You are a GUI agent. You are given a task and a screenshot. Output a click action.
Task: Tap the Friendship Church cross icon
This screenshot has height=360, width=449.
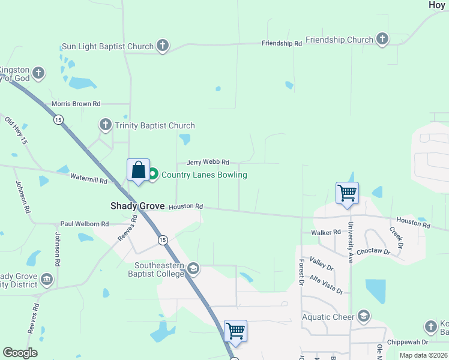[x=382, y=40]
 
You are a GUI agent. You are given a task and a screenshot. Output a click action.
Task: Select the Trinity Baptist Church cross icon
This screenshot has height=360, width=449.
[x=106, y=125]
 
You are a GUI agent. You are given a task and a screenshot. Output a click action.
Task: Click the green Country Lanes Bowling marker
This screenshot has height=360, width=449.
[x=153, y=175]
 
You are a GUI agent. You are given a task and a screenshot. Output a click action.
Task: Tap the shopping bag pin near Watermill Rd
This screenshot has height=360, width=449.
[x=138, y=170]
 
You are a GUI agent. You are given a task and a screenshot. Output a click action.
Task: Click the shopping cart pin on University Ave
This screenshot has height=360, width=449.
[x=347, y=194]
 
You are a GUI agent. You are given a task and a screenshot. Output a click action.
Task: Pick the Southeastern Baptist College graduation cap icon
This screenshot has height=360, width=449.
[x=193, y=268]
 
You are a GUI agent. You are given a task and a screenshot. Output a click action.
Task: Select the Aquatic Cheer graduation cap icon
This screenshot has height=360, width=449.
[x=363, y=316]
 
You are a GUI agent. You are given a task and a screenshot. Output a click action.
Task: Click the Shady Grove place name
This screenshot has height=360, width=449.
[x=137, y=206]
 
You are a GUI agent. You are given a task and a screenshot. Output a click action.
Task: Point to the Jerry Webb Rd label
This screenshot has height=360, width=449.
[x=208, y=162]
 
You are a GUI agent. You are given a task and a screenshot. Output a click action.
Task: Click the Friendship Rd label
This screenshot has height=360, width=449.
[x=282, y=43]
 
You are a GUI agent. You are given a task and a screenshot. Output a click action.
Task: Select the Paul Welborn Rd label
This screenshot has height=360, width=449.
[x=84, y=224]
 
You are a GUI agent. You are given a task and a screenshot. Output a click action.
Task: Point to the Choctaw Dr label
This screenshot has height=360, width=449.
[x=373, y=252]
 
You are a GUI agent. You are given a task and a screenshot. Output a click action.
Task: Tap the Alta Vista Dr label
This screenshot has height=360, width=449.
[x=326, y=283]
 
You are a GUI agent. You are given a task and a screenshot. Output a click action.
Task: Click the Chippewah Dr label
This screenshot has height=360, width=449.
[x=408, y=342]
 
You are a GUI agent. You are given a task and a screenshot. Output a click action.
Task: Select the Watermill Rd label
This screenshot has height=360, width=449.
[x=88, y=178]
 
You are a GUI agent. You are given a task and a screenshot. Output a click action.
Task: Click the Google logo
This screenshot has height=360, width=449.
[x=20, y=353]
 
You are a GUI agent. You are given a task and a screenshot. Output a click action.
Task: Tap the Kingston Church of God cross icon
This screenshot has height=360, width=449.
[x=39, y=73]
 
